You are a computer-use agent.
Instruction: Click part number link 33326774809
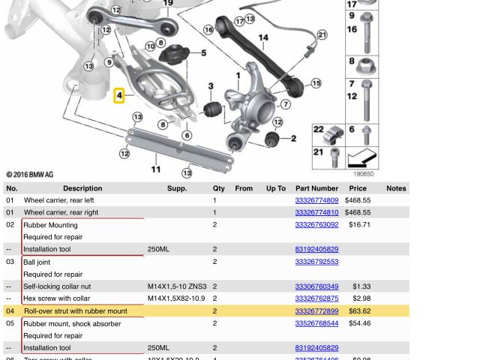point(316,200)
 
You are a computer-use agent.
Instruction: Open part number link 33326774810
point(316,212)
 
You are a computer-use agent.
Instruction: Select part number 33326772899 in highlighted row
point(316,311)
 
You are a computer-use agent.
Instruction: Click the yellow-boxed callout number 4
point(119,96)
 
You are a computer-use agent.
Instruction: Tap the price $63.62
point(359,311)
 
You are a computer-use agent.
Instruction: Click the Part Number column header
point(316,188)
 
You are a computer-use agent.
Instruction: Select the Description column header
point(82,188)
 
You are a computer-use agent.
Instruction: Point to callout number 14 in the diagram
point(263,38)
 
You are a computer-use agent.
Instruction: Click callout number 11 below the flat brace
point(156,169)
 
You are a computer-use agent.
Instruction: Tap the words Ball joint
point(37,262)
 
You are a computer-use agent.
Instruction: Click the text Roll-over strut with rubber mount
point(76,311)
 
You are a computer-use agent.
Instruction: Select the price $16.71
point(359,224)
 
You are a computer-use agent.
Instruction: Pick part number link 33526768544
point(316,323)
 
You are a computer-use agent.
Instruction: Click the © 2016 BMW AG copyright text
point(30,175)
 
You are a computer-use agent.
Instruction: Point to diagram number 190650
point(363,174)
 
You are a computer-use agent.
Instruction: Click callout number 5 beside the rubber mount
point(203,53)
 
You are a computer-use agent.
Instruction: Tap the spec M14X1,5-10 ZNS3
point(177,286)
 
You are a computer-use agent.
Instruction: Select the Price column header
point(358,188)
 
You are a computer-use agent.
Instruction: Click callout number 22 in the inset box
point(319,130)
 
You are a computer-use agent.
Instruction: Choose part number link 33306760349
point(316,286)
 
